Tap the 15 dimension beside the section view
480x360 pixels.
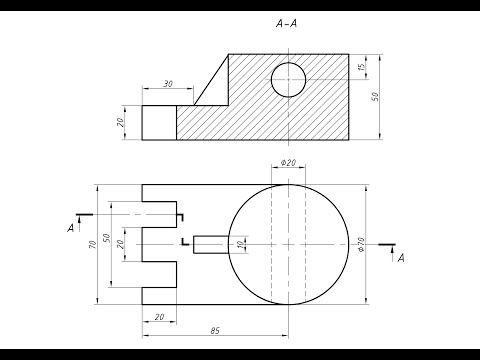pos(361,66)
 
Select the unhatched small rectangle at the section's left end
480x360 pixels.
pos(159,122)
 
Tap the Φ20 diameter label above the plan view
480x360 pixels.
pos(288,163)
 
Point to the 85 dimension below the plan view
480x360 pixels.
pos(217,331)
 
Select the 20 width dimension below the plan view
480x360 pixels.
pos(160,317)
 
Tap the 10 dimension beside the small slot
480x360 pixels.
pos(241,245)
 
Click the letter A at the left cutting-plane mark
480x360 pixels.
pos(71,229)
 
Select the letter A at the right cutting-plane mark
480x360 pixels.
pos(401,259)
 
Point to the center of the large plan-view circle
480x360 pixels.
pos(289,245)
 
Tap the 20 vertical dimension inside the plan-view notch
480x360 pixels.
pos(121,245)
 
